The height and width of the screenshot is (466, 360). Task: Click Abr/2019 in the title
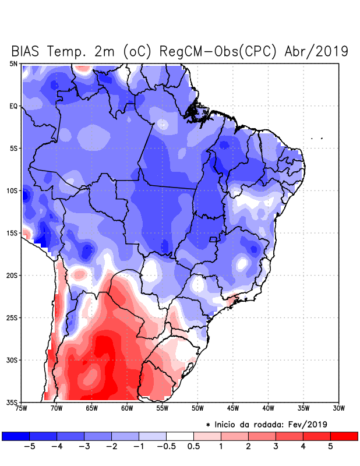(x=316, y=51)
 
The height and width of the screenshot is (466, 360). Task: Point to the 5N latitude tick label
(x=13, y=63)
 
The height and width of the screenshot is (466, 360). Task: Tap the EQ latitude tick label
(x=13, y=106)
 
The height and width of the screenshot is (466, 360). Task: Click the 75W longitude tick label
(x=22, y=408)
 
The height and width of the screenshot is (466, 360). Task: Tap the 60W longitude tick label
(x=127, y=408)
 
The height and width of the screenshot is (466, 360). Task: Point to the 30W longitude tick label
(x=338, y=408)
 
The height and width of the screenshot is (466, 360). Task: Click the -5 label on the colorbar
(x=29, y=447)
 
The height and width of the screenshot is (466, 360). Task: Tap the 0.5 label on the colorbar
(x=193, y=447)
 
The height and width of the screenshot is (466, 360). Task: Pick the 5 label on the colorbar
(x=330, y=447)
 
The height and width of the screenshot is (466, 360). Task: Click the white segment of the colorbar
(x=180, y=436)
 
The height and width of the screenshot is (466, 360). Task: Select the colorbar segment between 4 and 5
(x=316, y=436)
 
